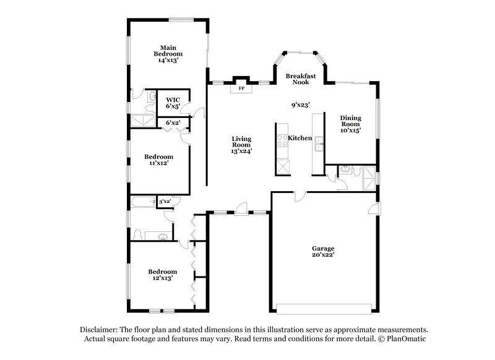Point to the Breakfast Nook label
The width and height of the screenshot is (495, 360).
(301, 79)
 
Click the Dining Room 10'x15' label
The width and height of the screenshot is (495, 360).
(351, 124)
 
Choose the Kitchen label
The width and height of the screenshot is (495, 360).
(300, 138)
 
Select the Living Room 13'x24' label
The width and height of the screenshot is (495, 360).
(241, 145)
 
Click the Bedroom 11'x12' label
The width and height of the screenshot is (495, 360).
(158, 160)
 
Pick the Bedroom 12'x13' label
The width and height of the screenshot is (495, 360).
(162, 275)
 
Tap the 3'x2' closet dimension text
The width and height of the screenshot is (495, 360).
(165, 202)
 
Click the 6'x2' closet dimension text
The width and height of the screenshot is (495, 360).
(173, 122)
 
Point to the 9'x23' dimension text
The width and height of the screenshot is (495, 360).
(301, 105)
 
